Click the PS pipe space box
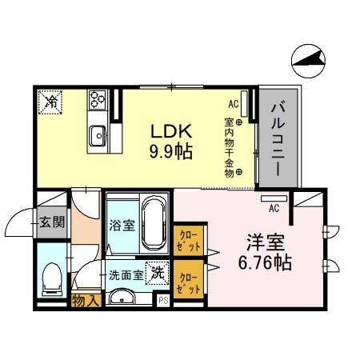tap(163, 301)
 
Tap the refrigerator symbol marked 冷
tap(50, 101)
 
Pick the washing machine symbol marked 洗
tap(158, 272)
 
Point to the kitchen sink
tap(98, 135)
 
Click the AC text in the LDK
tap(234, 104)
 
